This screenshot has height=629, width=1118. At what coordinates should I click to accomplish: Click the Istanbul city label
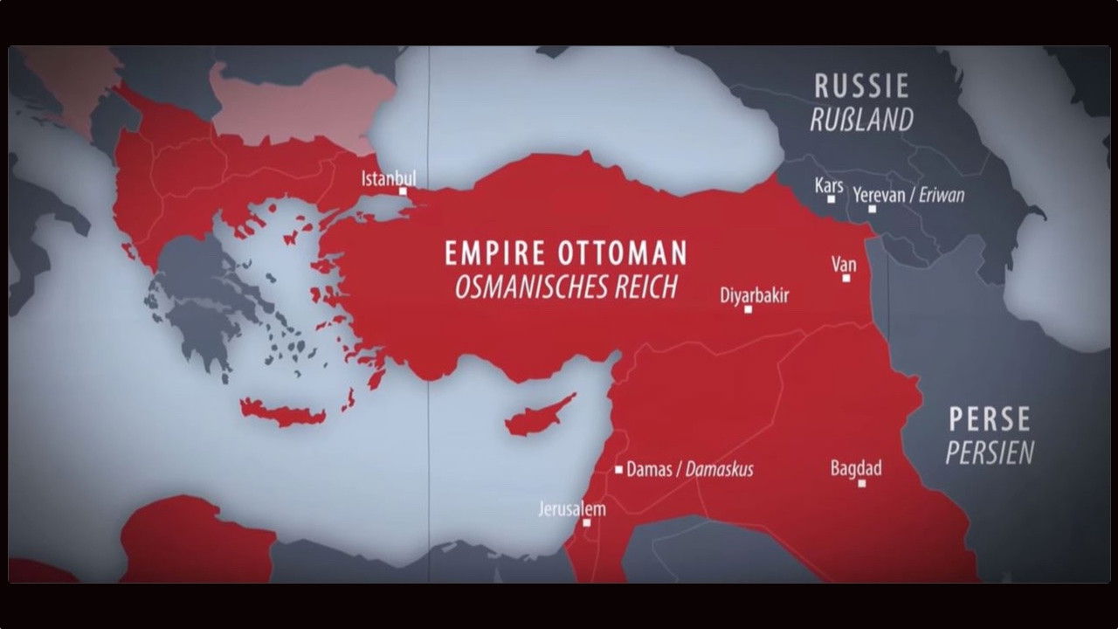389,178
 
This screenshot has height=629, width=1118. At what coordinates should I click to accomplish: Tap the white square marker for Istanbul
403,191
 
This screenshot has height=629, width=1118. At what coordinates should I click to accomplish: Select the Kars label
829,185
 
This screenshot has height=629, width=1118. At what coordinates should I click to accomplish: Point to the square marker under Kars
832,199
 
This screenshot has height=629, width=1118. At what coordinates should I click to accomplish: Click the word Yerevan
879,195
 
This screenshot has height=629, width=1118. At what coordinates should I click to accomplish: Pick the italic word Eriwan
942,195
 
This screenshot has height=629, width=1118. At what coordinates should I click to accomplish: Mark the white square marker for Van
845,278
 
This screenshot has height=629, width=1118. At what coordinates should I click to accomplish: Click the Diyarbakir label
754,295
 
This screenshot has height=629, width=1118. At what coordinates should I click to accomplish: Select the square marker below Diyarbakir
748,309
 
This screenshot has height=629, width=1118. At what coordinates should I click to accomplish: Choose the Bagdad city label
856,468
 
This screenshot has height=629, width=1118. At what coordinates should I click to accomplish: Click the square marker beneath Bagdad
861,483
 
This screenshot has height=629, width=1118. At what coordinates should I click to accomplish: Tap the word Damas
650,470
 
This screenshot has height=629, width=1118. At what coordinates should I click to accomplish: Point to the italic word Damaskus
719,470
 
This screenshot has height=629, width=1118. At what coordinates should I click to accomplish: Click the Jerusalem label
572,508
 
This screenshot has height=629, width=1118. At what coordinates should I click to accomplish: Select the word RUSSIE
861,86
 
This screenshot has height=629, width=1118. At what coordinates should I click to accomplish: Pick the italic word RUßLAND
861,120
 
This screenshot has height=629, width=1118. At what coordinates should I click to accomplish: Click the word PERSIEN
990,453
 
